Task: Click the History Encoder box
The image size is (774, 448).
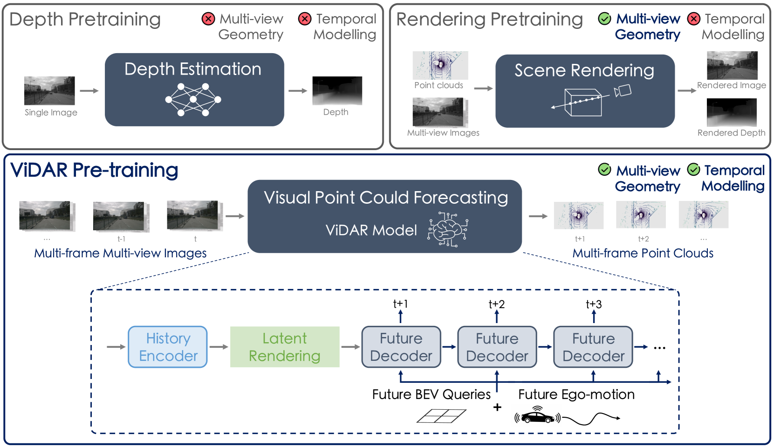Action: [x=168, y=347]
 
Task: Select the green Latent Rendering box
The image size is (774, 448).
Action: [x=285, y=347]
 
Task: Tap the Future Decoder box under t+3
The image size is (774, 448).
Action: [x=593, y=347]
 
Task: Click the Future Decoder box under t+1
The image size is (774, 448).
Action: [x=401, y=347]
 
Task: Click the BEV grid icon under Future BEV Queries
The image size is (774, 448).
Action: [x=441, y=416]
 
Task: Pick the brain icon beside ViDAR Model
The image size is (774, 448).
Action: [x=448, y=229]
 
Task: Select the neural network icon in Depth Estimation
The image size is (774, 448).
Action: [x=193, y=99]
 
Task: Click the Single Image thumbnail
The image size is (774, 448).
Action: [x=49, y=90]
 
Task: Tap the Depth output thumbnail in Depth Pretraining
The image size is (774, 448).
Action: [x=337, y=90]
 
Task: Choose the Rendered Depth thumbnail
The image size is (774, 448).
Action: [x=732, y=112]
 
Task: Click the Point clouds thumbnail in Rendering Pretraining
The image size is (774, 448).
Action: [x=440, y=65]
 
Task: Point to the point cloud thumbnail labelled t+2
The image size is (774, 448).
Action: [x=641, y=215]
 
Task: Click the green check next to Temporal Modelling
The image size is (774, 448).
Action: [x=693, y=170]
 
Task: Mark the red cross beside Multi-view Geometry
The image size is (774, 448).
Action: [x=208, y=19]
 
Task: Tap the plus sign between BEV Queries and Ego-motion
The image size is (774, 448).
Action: [x=497, y=407]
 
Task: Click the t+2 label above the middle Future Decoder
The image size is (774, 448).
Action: [x=497, y=304]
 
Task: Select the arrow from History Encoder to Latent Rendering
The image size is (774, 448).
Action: [x=219, y=347]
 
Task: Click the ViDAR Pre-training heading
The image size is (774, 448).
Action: [x=94, y=170]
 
